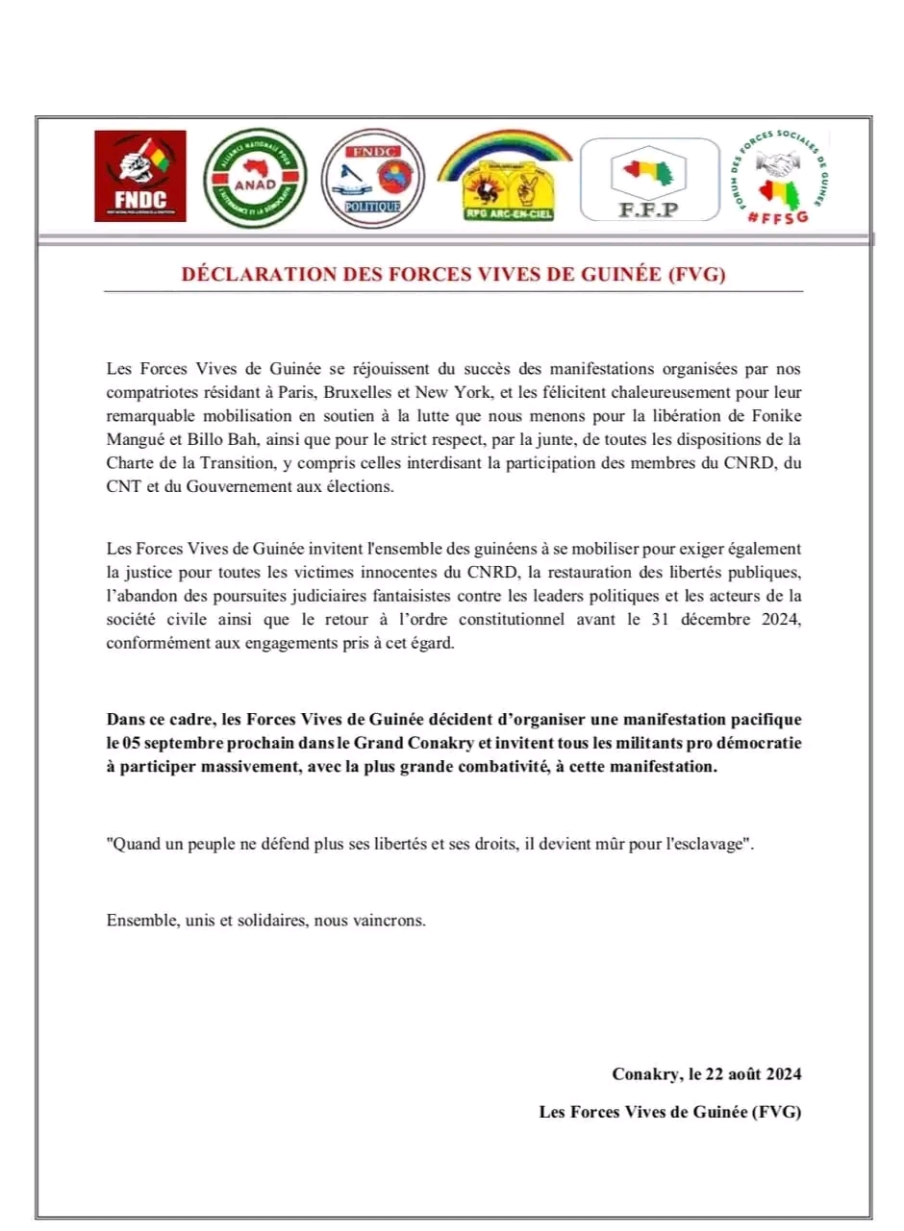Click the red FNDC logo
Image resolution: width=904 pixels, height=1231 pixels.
click(x=139, y=176)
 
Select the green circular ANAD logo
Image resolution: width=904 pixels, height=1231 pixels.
click(x=254, y=178)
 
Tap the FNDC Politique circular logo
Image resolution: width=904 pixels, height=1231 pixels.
click(x=372, y=177)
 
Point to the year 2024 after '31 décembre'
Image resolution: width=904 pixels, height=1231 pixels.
click(x=780, y=619)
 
